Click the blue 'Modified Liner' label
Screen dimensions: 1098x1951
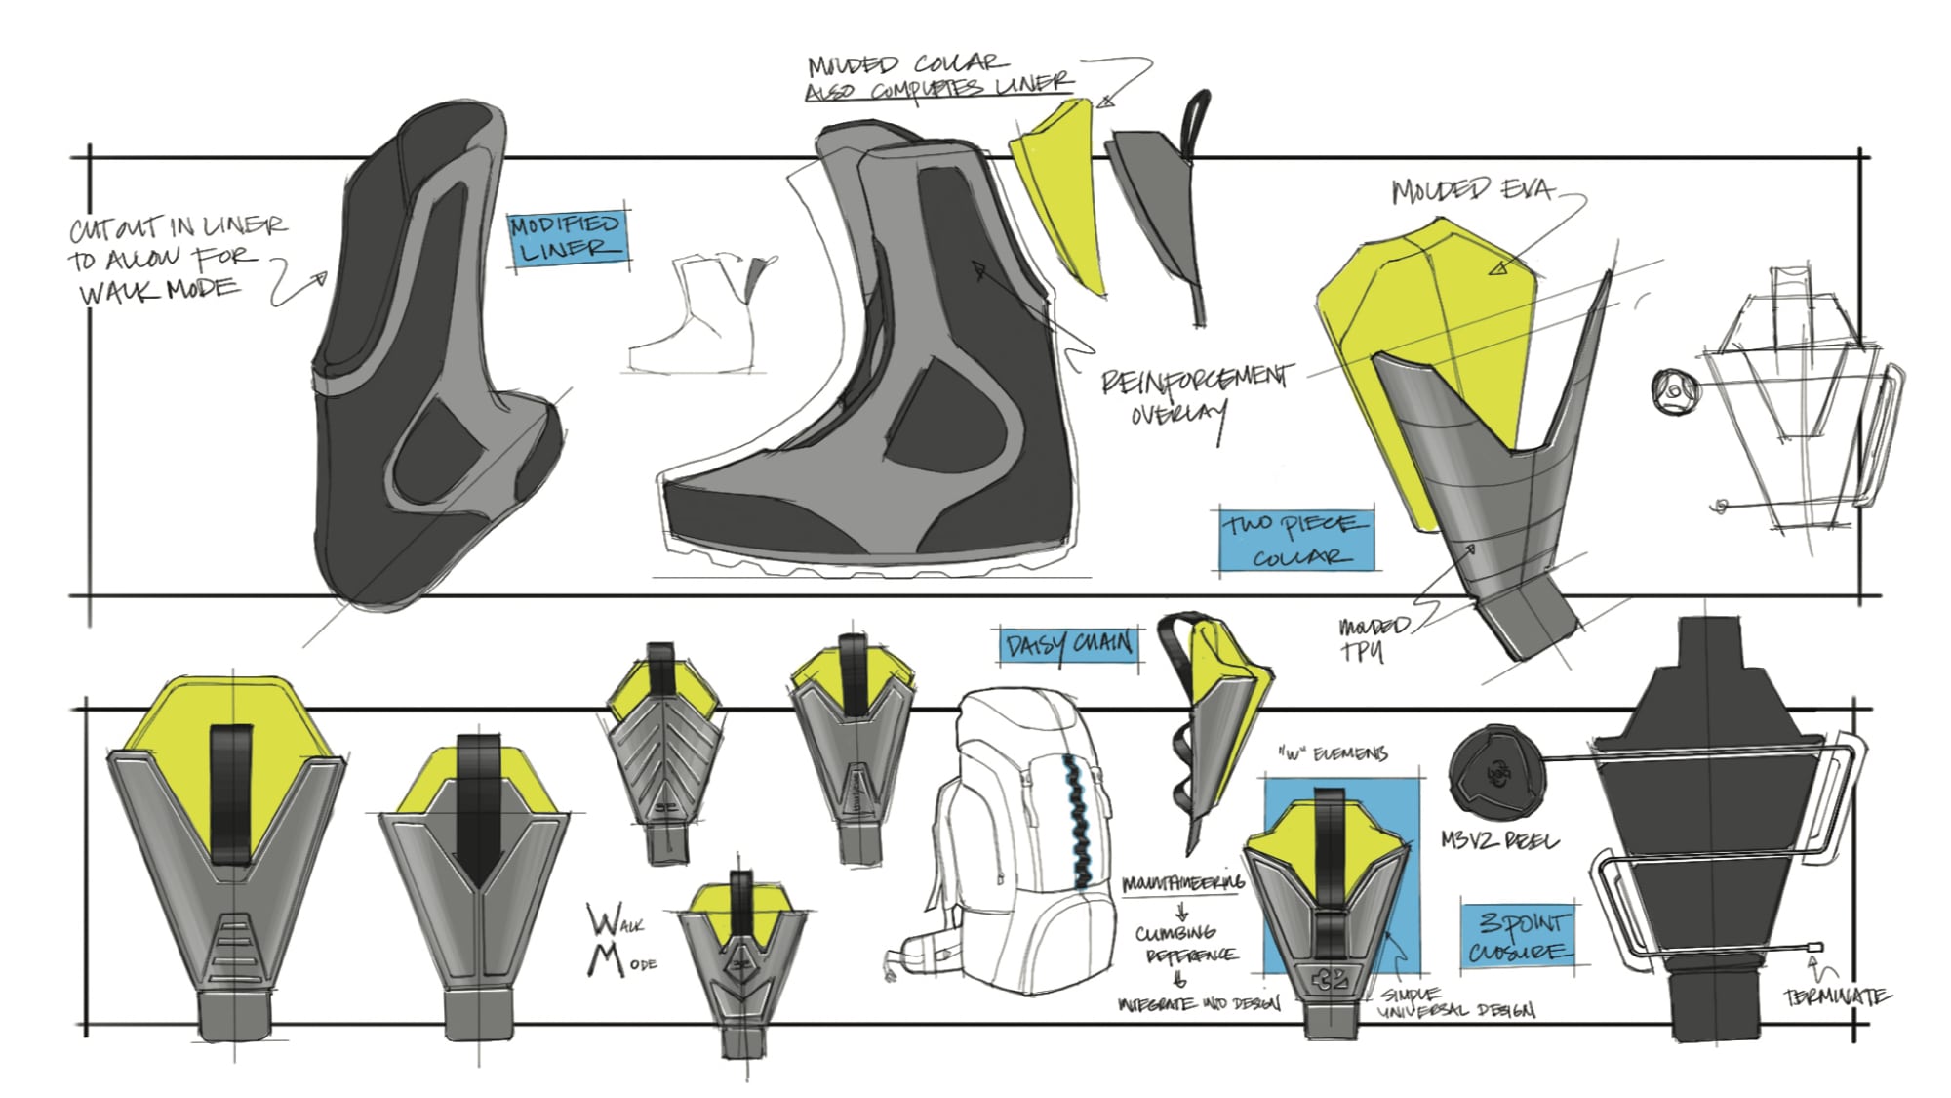(x=567, y=238)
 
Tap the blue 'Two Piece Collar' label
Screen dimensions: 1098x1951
(x=1295, y=540)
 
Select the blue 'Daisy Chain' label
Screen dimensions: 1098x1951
(x=1069, y=645)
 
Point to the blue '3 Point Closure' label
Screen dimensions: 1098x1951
(x=1519, y=936)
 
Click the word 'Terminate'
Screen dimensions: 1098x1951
(x=1837, y=996)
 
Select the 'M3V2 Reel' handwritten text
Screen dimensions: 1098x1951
(x=1499, y=840)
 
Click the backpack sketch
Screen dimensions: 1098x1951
(x=1015, y=839)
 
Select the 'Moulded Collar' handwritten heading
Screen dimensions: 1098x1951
(x=902, y=64)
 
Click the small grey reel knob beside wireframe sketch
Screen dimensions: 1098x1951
(x=1674, y=390)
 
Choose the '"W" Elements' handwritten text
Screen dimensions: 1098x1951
(x=1332, y=753)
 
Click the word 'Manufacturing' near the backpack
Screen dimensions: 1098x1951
(x=1182, y=884)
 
